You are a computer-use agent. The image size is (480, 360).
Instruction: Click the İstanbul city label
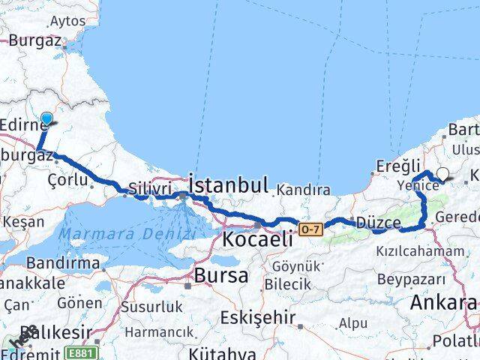click(x=228, y=184)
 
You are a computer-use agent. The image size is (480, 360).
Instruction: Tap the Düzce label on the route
click(x=379, y=223)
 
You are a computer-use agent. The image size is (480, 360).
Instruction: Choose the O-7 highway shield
click(x=311, y=226)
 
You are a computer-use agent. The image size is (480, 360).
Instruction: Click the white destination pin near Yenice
click(x=442, y=175)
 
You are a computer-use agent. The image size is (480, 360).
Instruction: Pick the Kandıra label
click(x=304, y=191)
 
